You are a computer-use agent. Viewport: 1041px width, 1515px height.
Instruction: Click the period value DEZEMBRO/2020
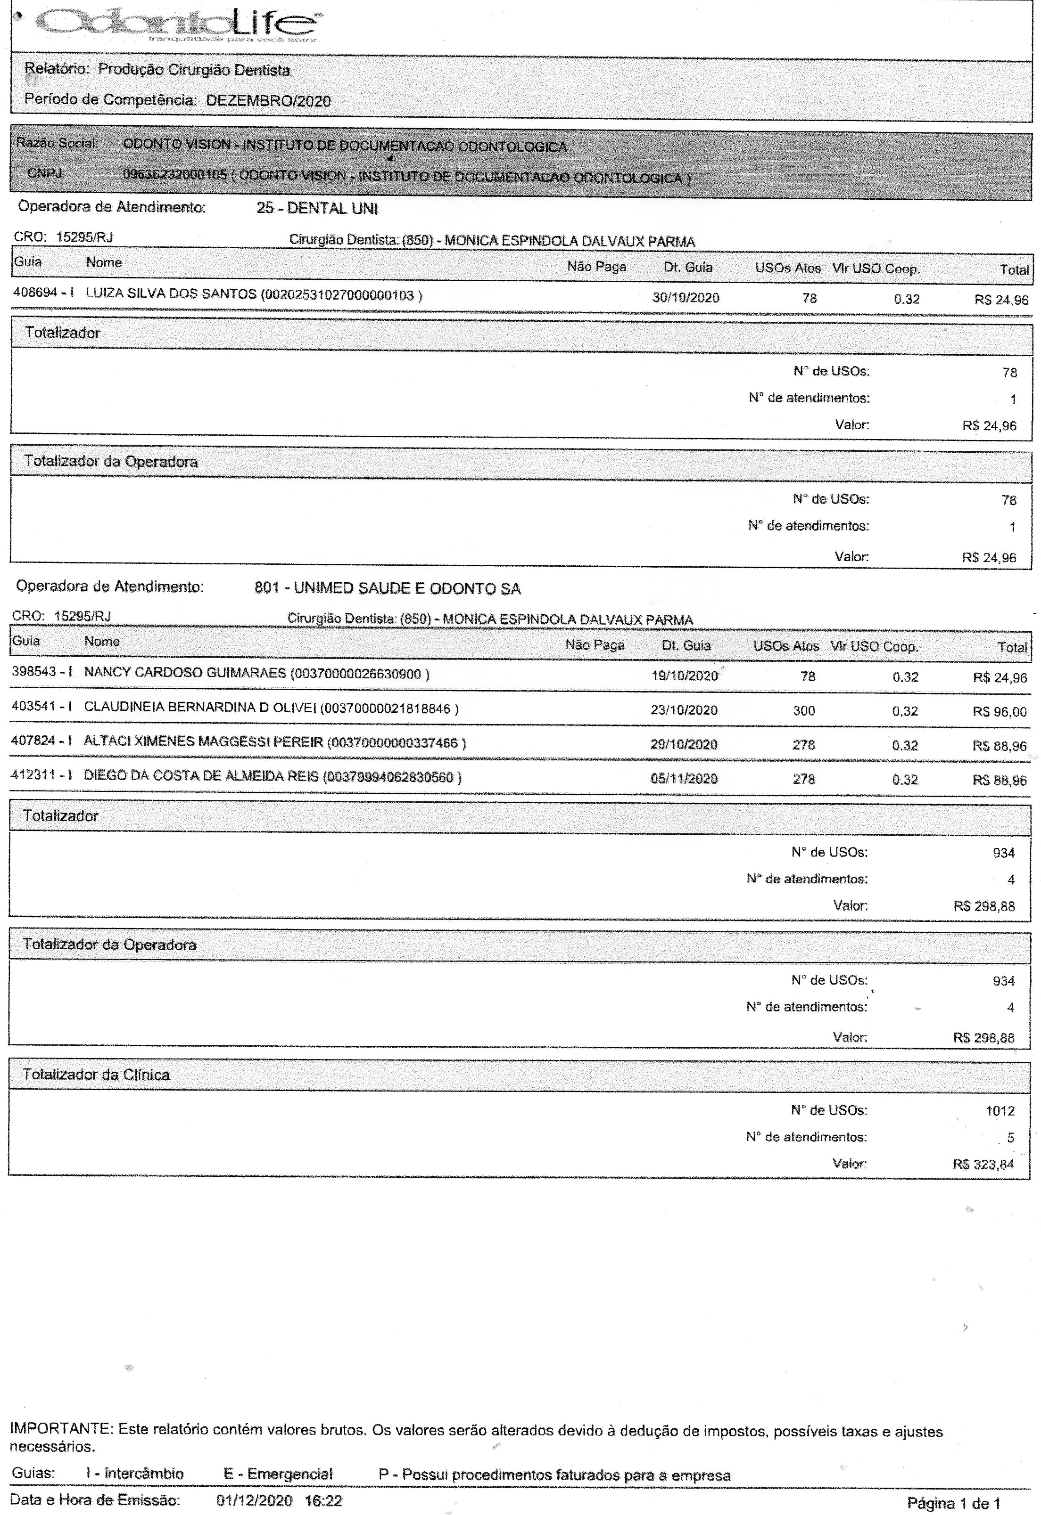[x=268, y=101]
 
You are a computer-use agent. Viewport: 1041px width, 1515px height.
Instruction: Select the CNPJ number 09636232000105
[x=175, y=175]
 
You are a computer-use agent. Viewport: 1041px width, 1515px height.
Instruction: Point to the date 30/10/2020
[x=686, y=298]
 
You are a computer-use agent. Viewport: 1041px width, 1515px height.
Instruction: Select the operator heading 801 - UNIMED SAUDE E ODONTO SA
[x=388, y=589]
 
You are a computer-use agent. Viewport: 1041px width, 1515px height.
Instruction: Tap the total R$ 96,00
[x=999, y=712]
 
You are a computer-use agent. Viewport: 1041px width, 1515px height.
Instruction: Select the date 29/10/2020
[x=684, y=744]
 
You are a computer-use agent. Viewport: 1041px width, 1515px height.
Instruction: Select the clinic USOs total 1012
[x=1000, y=1111]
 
